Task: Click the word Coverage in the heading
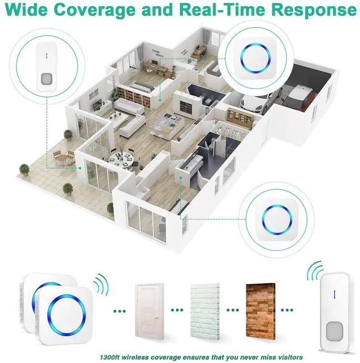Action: point(93,11)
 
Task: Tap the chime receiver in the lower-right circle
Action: point(274,218)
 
